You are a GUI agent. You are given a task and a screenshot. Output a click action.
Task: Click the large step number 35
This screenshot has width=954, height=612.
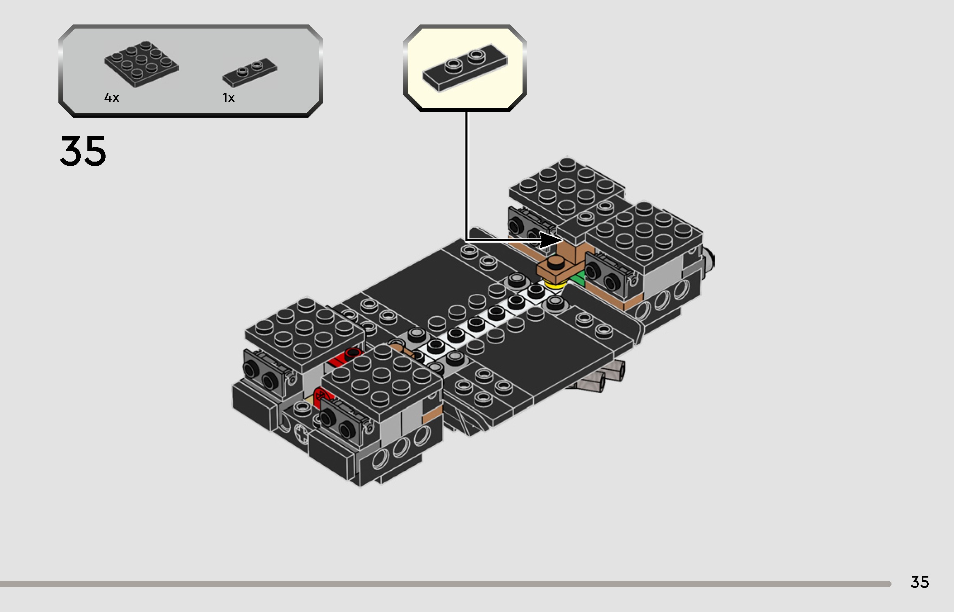click(83, 151)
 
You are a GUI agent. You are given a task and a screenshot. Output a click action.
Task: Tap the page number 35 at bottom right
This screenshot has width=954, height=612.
click(919, 582)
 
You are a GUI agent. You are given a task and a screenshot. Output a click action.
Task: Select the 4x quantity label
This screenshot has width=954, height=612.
click(112, 98)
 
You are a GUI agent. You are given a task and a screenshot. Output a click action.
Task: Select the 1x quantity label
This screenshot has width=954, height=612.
click(229, 98)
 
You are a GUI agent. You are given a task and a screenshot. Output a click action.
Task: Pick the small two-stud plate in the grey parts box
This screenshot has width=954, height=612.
click(250, 73)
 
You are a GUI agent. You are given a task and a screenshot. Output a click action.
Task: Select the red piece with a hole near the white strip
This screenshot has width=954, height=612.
click(348, 356)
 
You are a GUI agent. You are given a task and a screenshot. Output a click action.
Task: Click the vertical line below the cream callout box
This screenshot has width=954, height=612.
click(466, 174)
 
